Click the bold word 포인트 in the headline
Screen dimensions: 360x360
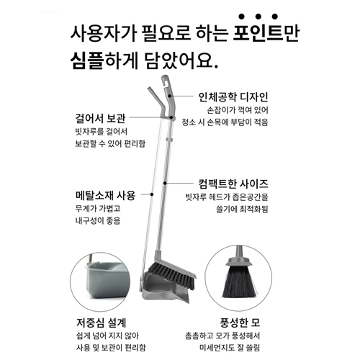[258, 33]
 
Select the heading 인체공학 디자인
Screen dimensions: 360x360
[233, 96]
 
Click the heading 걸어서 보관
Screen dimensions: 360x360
[100, 118]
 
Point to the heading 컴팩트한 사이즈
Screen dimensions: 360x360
[233, 184]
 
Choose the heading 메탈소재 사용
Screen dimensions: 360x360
[106, 195]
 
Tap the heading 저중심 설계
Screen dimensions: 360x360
[102, 323]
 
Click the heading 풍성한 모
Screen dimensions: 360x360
[240, 323]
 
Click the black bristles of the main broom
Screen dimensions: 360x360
[171, 274]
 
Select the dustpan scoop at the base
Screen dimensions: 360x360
[166, 289]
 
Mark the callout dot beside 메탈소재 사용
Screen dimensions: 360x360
[152, 194]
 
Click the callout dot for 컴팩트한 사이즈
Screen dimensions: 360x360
[165, 184]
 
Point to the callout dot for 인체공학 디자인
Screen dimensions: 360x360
[169, 96]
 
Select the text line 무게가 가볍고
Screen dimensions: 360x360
[98, 208]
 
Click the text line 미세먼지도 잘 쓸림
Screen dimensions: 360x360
[230, 348]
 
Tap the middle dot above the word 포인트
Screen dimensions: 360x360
[258, 17]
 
